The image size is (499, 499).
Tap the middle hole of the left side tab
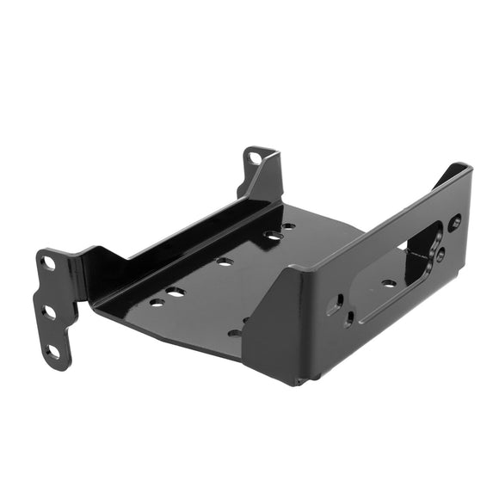(50, 311)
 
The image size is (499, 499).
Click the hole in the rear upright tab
(255, 157)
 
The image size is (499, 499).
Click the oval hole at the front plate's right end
(455, 222)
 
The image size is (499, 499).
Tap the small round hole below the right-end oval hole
(440, 255)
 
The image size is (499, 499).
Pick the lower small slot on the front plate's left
(348, 320)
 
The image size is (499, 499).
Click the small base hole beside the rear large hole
(289, 226)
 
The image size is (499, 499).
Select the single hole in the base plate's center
(225, 262)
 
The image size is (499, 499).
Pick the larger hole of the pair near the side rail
(176, 293)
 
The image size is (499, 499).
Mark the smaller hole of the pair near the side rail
(157, 301)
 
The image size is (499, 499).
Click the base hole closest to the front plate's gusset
(234, 332)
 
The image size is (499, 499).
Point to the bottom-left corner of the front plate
(300, 381)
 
